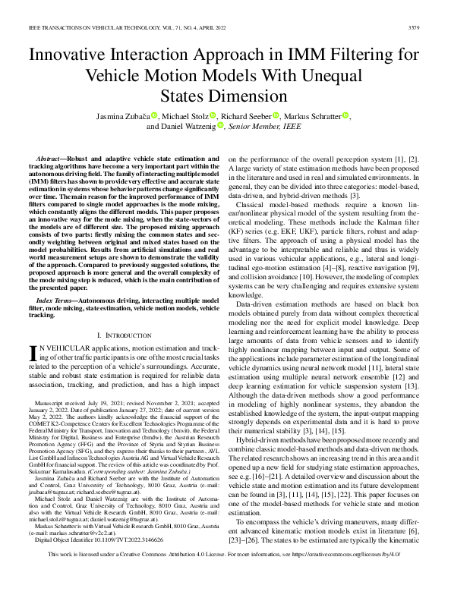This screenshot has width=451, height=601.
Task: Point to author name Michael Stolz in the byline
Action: (x=186, y=115)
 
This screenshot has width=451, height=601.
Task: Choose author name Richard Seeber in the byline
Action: (x=248, y=115)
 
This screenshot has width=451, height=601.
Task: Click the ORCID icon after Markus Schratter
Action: (x=346, y=115)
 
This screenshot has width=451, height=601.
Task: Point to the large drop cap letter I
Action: (x=32, y=354)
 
